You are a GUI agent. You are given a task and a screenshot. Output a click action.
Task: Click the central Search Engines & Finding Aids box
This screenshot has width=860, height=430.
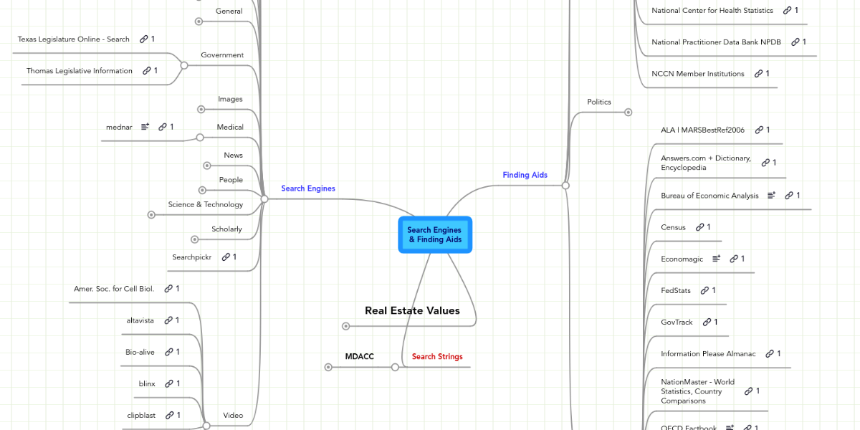click(435, 235)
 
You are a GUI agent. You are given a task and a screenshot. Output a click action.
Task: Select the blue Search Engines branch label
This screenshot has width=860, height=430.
click(308, 188)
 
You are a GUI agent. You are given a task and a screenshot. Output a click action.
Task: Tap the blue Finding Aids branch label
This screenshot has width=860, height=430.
click(525, 175)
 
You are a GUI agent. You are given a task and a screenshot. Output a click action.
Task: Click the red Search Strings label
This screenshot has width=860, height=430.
click(437, 356)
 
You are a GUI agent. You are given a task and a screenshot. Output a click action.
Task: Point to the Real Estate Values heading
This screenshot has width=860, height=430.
click(412, 310)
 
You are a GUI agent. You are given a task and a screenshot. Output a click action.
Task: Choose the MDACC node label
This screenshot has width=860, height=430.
click(359, 356)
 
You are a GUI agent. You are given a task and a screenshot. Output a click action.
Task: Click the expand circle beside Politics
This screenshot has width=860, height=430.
click(629, 112)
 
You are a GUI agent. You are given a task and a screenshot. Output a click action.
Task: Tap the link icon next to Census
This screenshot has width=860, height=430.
click(699, 227)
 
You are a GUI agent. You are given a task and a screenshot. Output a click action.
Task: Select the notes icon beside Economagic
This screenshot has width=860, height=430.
click(717, 259)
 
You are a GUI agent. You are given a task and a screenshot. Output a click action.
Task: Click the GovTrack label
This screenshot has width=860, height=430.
click(677, 322)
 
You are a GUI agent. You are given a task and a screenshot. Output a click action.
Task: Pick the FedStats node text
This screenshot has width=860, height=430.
click(676, 290)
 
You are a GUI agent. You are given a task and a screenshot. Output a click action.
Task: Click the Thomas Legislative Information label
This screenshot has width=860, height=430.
click(80, 71)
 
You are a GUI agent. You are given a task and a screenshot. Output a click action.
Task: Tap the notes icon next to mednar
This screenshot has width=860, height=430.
click(145, 127)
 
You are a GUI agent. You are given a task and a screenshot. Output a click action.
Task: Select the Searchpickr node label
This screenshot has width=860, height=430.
click(192, 257)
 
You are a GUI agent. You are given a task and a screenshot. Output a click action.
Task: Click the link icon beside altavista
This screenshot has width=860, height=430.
click(168, 320)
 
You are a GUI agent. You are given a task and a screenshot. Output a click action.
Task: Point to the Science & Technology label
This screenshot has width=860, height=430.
click(206, 204)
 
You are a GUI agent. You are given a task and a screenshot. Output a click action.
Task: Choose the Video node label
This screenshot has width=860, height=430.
click(233, 415)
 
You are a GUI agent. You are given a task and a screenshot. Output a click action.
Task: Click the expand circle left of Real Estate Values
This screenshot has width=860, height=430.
click(346, 326)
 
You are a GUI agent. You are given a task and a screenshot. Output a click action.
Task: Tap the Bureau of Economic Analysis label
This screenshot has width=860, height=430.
click(709, 196)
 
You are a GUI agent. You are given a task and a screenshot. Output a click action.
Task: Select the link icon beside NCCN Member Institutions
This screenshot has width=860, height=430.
click(758, 74)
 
